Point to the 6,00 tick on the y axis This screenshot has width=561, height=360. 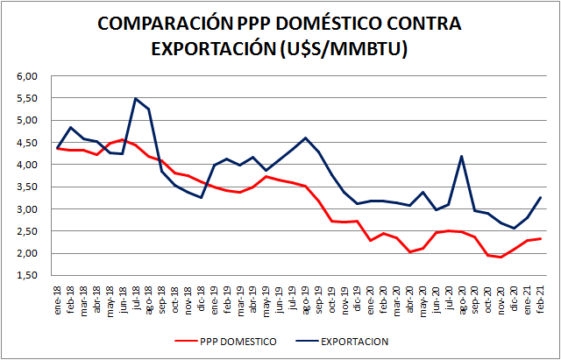tap(27, 76)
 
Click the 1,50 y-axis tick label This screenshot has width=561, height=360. tap(27, 275)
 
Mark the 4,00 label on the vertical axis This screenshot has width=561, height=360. tap(27, 165)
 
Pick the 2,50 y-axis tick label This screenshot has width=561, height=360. tap(27, 231)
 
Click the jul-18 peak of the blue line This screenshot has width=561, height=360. tap(135, 98)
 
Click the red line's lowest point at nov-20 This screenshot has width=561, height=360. tap(501, 258)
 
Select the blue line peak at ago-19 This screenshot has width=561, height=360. tap(304, 138)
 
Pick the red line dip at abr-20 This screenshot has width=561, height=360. tap(409, 252)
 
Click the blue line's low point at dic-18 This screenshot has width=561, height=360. tap(201, 198)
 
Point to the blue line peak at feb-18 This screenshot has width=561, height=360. tap(71, 127)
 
